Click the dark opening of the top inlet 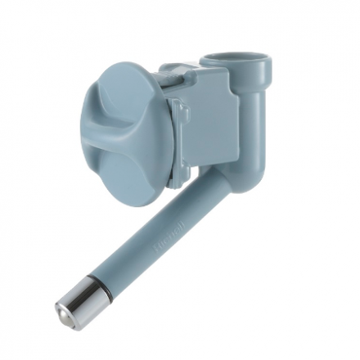pyautogui.click(x=236, y=60)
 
